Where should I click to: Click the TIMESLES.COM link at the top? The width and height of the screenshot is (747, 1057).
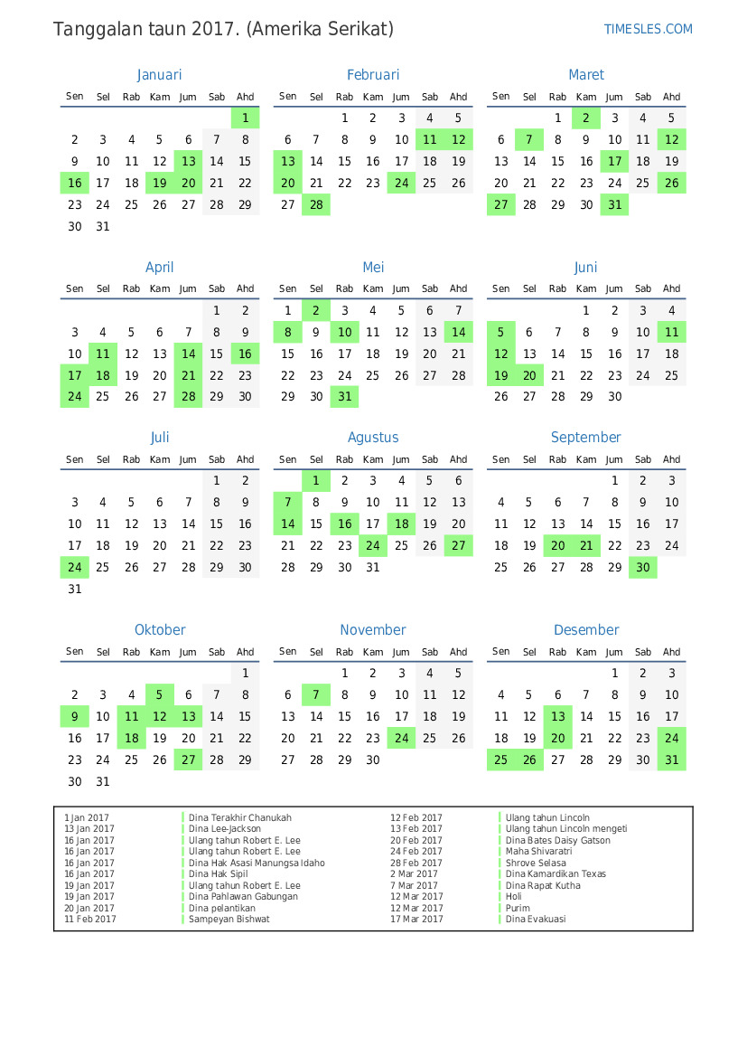coord(648,29)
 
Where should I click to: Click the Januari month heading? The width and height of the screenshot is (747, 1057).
coord(160,75)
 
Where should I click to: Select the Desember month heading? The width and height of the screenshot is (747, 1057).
coord(586,630)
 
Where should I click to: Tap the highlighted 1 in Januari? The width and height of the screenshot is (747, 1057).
coord(245,118)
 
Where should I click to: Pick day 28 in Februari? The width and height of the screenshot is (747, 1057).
coord(316,205)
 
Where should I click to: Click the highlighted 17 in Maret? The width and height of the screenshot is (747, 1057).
coord(614,162)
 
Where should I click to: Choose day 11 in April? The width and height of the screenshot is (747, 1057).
coord(103,354)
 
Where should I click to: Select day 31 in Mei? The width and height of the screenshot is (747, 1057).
coord(344,397)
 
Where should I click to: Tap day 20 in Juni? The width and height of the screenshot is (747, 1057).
coord(529,376)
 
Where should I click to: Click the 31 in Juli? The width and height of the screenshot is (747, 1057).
coord(75,590)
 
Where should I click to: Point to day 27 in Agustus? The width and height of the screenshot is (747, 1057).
coord(458,546)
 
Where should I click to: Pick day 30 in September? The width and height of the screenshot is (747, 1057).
coord(642,568)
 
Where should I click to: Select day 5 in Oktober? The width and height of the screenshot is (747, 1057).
coord(160,695)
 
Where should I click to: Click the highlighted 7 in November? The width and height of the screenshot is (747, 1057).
coord(316,695)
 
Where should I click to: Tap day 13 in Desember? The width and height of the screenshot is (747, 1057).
coord(557,717)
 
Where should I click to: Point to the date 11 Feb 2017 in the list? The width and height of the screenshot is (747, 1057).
coord(90,920)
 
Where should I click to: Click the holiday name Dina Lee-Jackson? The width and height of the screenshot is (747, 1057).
coord(225,829)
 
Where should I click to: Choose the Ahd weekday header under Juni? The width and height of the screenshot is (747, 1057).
coord(671,289)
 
